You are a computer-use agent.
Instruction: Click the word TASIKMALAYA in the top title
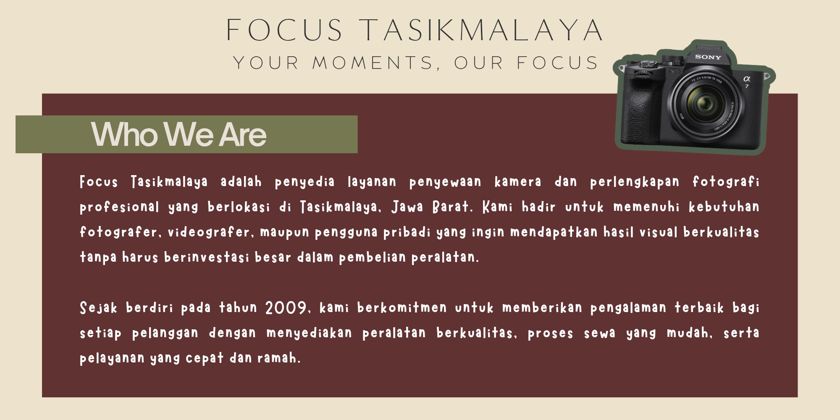(x=482, y=30)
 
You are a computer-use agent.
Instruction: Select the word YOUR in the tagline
(x=265, y=63)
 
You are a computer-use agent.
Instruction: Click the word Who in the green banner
(x=124, y=135)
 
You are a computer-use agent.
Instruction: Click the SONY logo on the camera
(x=708, y=57)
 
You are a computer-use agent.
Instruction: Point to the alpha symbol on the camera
(x=747, y=79)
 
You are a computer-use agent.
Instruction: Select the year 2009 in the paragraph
(x=286, y=308)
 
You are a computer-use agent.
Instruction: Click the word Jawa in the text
(x=407, y=207)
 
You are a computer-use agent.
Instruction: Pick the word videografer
(x=209, y=232)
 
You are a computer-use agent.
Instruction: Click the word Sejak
(x=98, y=308)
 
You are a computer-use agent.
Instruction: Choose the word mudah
(x=689, y=333)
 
